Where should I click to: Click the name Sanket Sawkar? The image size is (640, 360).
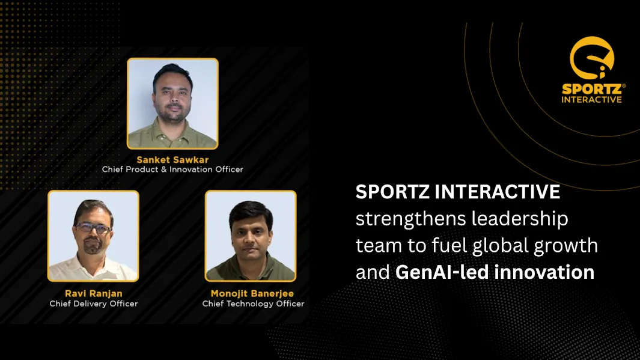click(x=172, y=159)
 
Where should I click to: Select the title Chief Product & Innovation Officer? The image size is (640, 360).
click(x=172, y=169)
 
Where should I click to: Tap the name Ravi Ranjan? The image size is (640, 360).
click(x=93, y=293)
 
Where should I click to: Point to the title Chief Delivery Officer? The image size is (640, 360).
click(x=93, y=304)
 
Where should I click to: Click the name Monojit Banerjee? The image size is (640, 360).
click(x=253, y=293)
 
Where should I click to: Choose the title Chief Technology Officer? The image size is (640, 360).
click(x=253, y=304)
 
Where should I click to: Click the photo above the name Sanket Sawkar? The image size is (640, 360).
click(x=172, y=103)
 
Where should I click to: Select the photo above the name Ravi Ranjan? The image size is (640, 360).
click(x=93, y=236)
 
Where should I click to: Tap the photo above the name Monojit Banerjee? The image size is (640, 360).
click(x=251, y=236)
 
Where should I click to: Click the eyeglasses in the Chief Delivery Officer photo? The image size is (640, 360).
click(x=93, y=228)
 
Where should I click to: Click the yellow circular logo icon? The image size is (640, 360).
click(x=591, y=59)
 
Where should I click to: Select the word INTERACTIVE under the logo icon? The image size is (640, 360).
click(x=591, y=99)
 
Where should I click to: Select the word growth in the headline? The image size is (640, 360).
click(x=567, y=246)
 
